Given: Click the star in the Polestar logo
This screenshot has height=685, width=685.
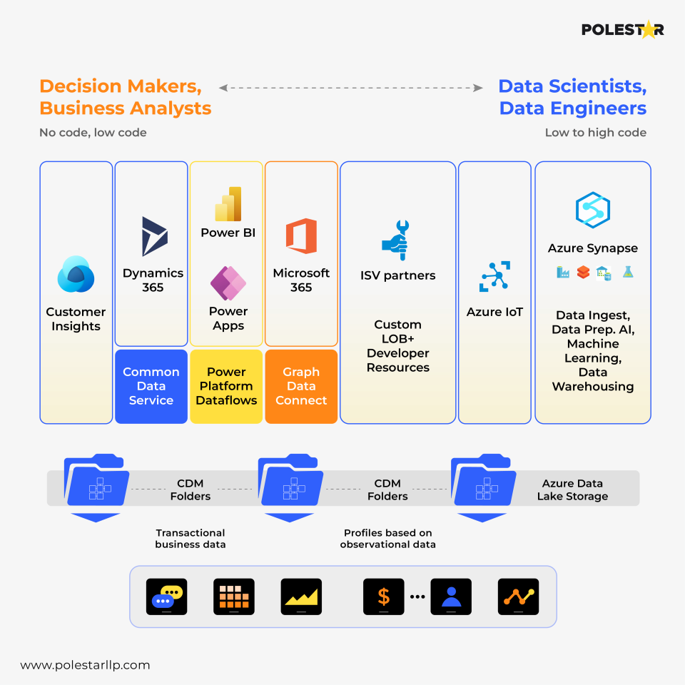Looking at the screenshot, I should [x=647, y=29].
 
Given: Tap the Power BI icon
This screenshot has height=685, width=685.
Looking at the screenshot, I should [x=228, y=204].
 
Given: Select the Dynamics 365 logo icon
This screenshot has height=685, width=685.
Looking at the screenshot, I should [x=154, y=236].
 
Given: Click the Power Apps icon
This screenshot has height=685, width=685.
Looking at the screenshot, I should [x=228, y=283].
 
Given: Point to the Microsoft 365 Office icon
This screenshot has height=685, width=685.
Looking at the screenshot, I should [x=301, y=236].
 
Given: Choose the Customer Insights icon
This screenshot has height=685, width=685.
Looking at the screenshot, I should [x=76, y=275].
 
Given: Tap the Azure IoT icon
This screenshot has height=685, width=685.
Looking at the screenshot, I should [x=494, y=277].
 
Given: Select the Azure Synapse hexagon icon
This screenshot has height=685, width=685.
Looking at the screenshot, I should [x=593, y=210].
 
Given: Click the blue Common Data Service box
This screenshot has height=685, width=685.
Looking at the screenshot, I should [x=151, y=386].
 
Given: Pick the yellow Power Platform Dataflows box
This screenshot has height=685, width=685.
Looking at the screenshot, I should [x=226, y=386].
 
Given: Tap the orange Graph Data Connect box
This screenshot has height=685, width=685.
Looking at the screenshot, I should [x=301, y=386].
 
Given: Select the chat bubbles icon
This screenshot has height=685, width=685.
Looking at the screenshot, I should [x=166, y=597].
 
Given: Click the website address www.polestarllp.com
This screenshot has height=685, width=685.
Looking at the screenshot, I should [x=85, y=665].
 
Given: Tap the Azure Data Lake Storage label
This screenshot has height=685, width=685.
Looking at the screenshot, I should [x=572, y=490].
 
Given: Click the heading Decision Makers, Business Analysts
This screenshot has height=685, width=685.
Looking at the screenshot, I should [x=126, y=97].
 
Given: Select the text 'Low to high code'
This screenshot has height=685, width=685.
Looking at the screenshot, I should [x=595, y=133].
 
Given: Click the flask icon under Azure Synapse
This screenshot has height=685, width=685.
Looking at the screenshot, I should [x=628, y=272].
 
